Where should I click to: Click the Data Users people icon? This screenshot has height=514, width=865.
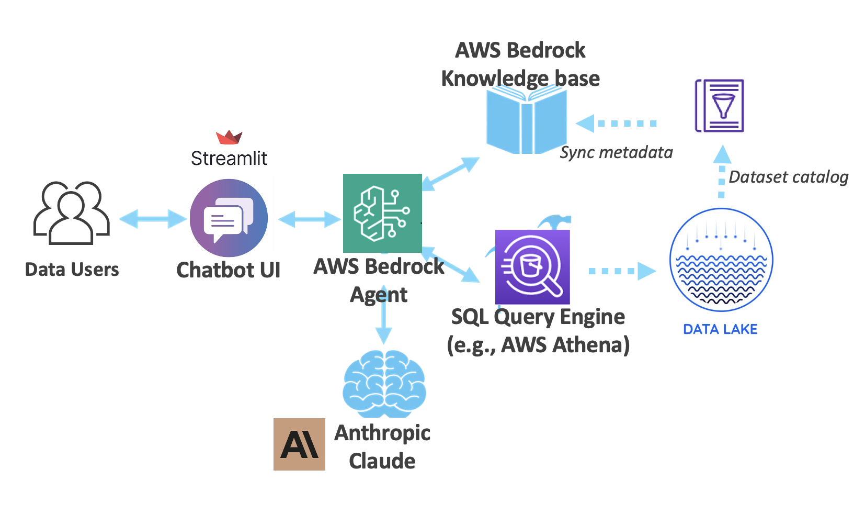72,213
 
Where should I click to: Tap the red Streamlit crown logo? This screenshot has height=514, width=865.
229,138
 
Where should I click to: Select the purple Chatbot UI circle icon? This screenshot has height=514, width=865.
229,218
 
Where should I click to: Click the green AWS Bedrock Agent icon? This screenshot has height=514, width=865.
382,213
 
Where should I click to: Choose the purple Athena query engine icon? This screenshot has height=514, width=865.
532,267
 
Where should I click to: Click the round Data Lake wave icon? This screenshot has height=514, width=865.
721,260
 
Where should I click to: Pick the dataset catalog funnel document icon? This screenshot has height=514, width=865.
720,106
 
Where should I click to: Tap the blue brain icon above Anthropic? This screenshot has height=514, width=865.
384,384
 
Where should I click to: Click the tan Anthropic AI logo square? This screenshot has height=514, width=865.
299,444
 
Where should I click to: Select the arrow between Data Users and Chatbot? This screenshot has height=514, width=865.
153,219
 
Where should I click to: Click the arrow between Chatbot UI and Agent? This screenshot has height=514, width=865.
309,219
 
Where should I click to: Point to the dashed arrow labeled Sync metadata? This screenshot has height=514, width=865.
617,124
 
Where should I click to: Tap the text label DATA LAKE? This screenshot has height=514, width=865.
720,329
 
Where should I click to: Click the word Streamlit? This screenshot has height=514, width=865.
229,159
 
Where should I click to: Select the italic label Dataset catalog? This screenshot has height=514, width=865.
788,177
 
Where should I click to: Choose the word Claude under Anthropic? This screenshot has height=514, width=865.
382,461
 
